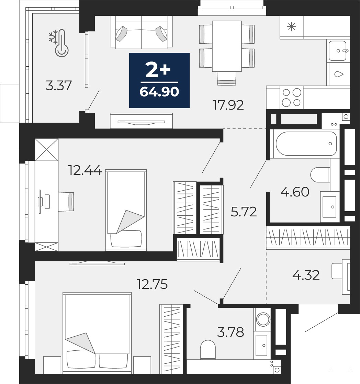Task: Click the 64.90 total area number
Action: click(x=159, y=92)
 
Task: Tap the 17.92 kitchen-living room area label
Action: click(x=228, y=105)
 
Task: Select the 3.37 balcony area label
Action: click(x=59, y=86)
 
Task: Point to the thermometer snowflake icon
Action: click(x=59, y=43)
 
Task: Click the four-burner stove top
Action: click(x=291, y=97)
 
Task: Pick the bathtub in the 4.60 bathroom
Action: click(x=306, y=144)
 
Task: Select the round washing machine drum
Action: click(x=263, y=319)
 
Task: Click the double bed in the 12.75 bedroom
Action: click(x=97, y=333)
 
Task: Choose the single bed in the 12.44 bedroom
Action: click(x=126, y=210)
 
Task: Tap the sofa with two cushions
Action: click(x=141, y=32)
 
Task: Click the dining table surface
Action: click(x=227, y=46)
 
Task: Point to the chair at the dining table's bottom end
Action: click(x=227, y=78)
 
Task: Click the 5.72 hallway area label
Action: click(x=244, y=212)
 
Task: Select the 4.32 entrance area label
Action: click(x=306, y=275)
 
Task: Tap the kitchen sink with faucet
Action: click(x=338, y=51)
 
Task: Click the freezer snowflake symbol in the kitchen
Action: click(x=292, y=27)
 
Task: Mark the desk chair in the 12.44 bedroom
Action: click(x=66, y=201)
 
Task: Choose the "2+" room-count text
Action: click(x=158, y=69)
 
